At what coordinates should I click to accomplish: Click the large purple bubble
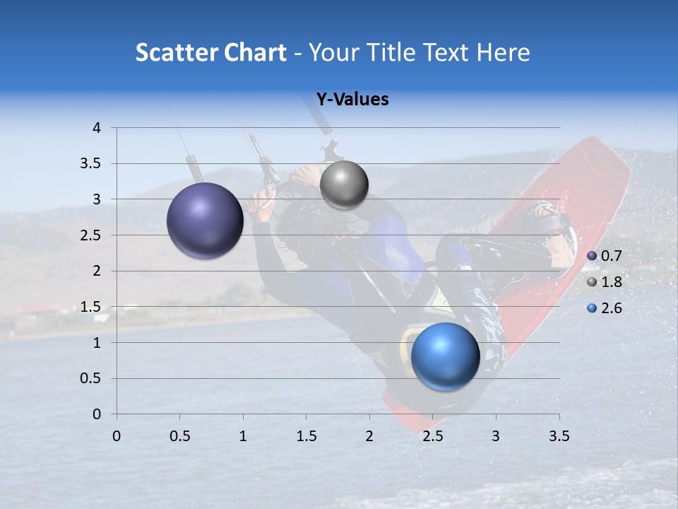coord(205,221)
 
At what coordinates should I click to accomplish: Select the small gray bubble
coord(344,185)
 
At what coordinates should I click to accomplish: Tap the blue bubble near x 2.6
coord(445,356)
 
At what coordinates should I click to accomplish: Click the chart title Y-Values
coord(352,100)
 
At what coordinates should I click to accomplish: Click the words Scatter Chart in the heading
coord(210,52)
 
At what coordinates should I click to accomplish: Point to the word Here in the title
coord(503,52)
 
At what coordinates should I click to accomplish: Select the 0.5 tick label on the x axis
coord(180,436)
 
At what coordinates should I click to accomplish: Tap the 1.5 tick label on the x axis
coord(307,436)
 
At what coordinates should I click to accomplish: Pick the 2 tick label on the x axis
coord(369,436)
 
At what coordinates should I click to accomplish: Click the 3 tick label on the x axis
coord(496,436)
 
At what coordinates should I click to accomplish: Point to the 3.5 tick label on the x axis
coord(559,436)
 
